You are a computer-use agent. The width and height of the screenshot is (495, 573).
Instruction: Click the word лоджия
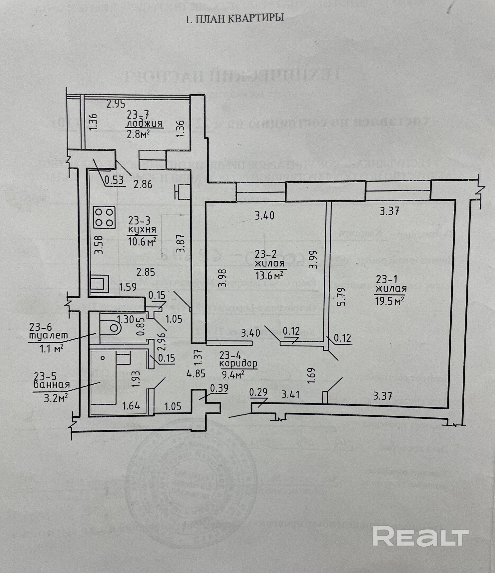pyautogui.click(x=144, y=124)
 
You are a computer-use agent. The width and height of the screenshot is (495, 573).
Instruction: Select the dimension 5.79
pyautogui.click(x=342, y=296)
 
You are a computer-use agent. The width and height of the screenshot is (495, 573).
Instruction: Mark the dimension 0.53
pyautogui.click(x=114, y=180)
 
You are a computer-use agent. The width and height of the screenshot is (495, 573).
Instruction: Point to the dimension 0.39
pyautogui.click(x=219, y=388)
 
